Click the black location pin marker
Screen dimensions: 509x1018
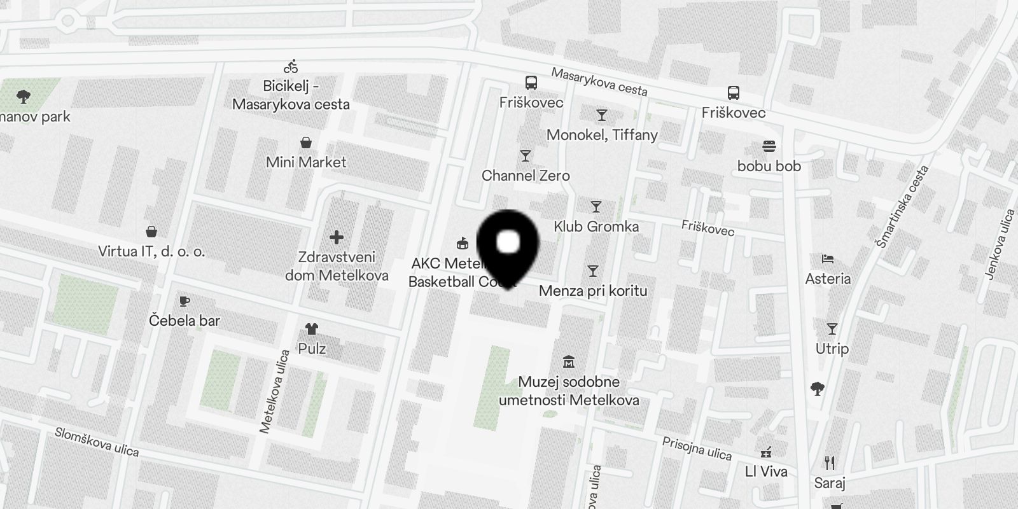coord(508,245)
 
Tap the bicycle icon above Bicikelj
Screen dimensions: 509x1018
coord(291,66)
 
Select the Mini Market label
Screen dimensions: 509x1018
coord(306,162)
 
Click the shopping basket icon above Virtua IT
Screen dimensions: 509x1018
coord(151,231)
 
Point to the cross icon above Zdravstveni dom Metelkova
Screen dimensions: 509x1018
coord(337,237)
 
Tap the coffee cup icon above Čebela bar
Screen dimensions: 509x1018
coord(185,300)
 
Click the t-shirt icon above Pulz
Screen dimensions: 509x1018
coord(311,329)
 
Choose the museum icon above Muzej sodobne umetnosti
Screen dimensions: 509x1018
coord(569,362)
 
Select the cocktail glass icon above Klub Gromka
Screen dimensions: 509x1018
coord(596,207)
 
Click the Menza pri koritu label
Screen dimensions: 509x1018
coord(593,291)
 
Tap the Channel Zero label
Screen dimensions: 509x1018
coord(526,176)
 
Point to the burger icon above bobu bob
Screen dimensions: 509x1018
coord(769,146)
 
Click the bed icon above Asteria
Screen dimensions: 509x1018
coord(827,259)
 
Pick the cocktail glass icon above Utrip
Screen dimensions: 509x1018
coord(832,329)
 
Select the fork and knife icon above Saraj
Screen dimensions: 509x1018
coord(829,463)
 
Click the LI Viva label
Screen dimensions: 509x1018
coord(766,471)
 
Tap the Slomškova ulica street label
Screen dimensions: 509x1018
coord(97,442)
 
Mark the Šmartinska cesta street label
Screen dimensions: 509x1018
coord(902,207)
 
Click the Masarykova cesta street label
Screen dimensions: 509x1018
coord(599,82)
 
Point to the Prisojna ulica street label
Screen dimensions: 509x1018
coord(697,448)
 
